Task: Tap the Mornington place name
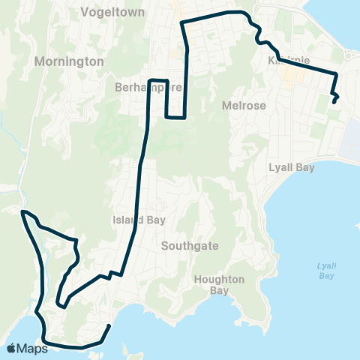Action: tap(69, 62)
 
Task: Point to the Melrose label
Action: tap(244, 106)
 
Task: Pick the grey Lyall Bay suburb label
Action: tap(291, 168)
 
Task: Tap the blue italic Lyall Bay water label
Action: tap(325, 271)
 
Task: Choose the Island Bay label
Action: tap(133, 220)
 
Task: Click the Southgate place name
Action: tap(184, 245)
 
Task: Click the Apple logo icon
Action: tap(10, 348)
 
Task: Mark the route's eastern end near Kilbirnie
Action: tap(334, 101)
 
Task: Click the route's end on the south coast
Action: tap(110, 325)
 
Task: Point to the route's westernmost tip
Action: tap(22, 212)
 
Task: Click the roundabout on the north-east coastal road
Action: tap(349, 54)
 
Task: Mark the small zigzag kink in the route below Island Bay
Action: tap(112, 274)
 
